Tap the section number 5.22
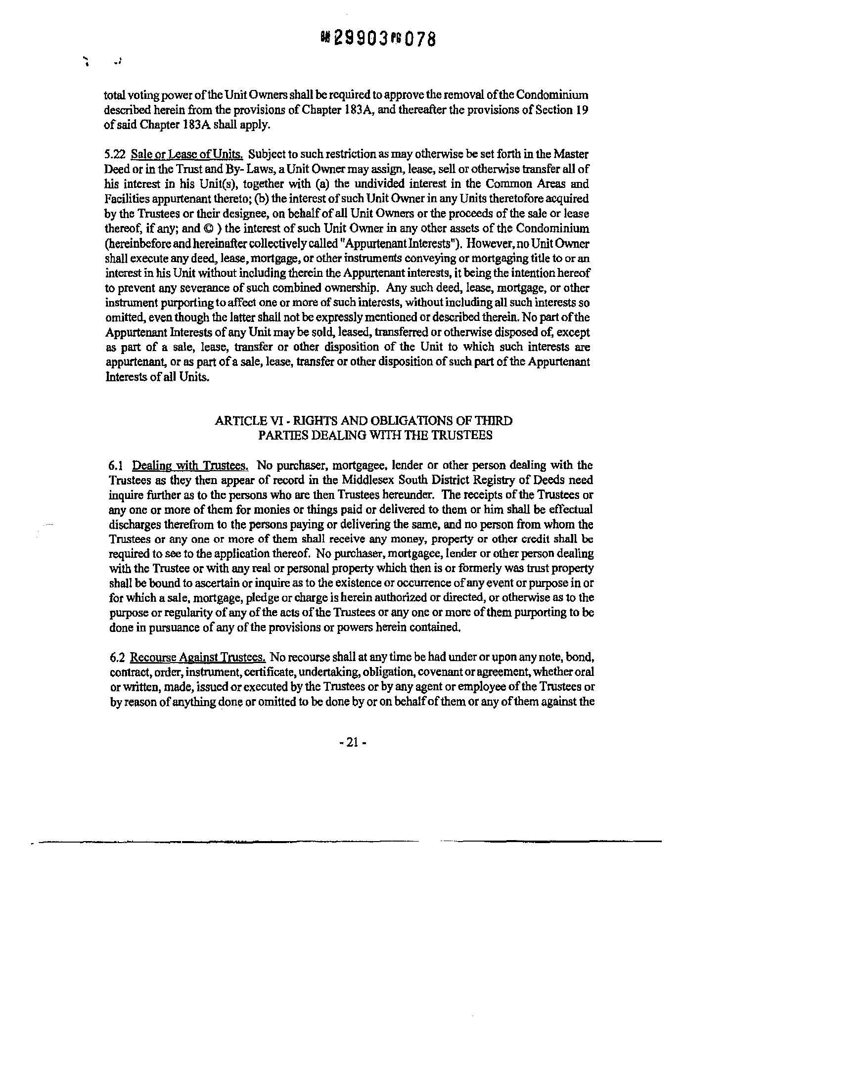114,154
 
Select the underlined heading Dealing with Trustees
190,465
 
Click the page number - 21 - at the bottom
353,743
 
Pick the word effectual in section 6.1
571,510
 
